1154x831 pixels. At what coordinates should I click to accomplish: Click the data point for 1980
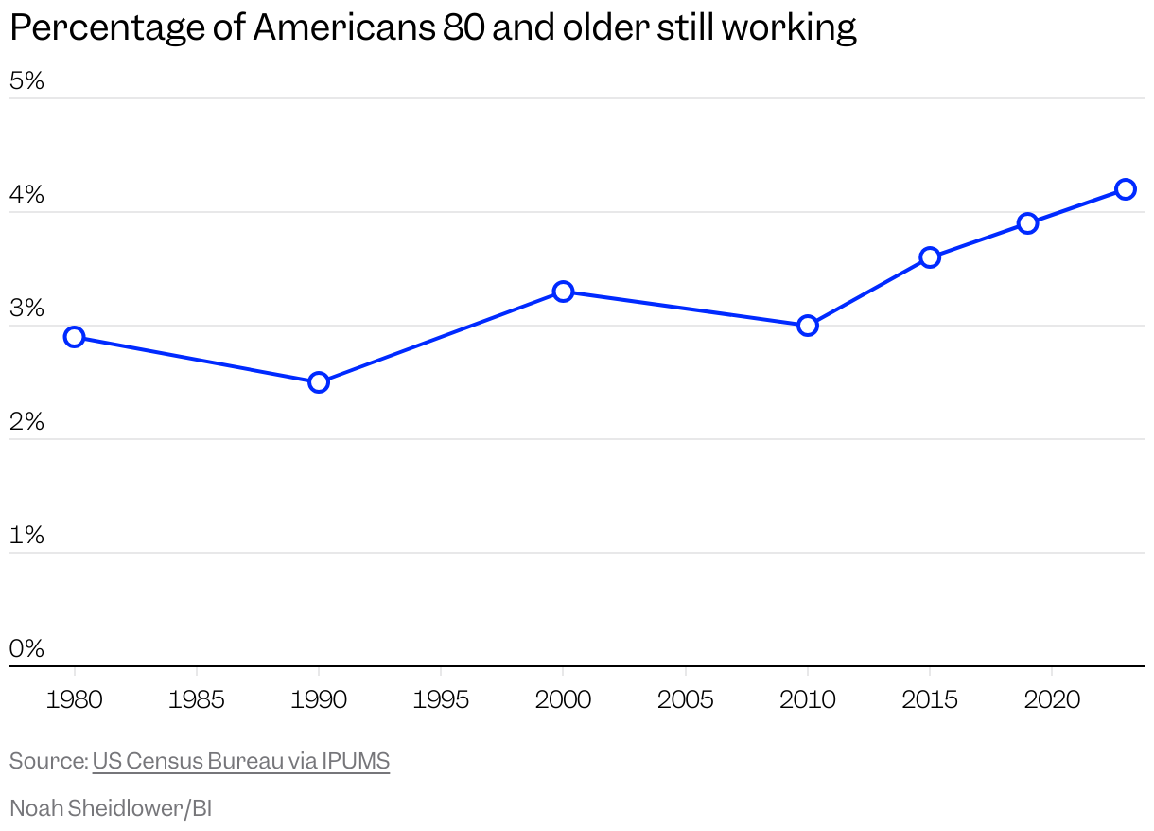click(x=74, y=337)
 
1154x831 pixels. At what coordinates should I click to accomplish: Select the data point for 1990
click(x=319, y=382)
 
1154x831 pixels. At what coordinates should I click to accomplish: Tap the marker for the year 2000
click(x=563, y=291)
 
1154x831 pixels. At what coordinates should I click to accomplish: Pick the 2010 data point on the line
click(x=807, y=326)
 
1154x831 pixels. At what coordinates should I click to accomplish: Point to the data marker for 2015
click(x=930, y=257)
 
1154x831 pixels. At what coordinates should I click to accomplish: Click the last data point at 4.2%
click(x=1126, y=189)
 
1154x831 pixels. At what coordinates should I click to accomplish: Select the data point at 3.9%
click(x=1028, y=223)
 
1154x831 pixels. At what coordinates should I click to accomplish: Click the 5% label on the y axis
click(x=27, y=81)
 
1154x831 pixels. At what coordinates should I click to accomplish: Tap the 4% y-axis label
click(x=27, y=195)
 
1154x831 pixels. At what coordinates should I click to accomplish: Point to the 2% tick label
click(x=27, y=422)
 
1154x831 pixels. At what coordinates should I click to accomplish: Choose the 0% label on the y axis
click(x=27, y=649)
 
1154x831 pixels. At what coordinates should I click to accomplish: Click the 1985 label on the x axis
click(x=196, y=700)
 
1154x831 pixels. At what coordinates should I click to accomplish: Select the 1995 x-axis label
click(x=441, y=700)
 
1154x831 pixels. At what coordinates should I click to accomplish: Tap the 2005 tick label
click(x=685, y=700)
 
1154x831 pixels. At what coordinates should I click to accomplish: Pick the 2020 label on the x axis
click(x=1052, y=700)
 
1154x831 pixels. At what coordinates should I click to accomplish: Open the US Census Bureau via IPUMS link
click(x=241, y=761)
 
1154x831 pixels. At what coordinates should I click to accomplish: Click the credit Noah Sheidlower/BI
click(x=111, y=808)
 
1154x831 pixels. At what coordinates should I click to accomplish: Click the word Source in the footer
click(x=47, y=761)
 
